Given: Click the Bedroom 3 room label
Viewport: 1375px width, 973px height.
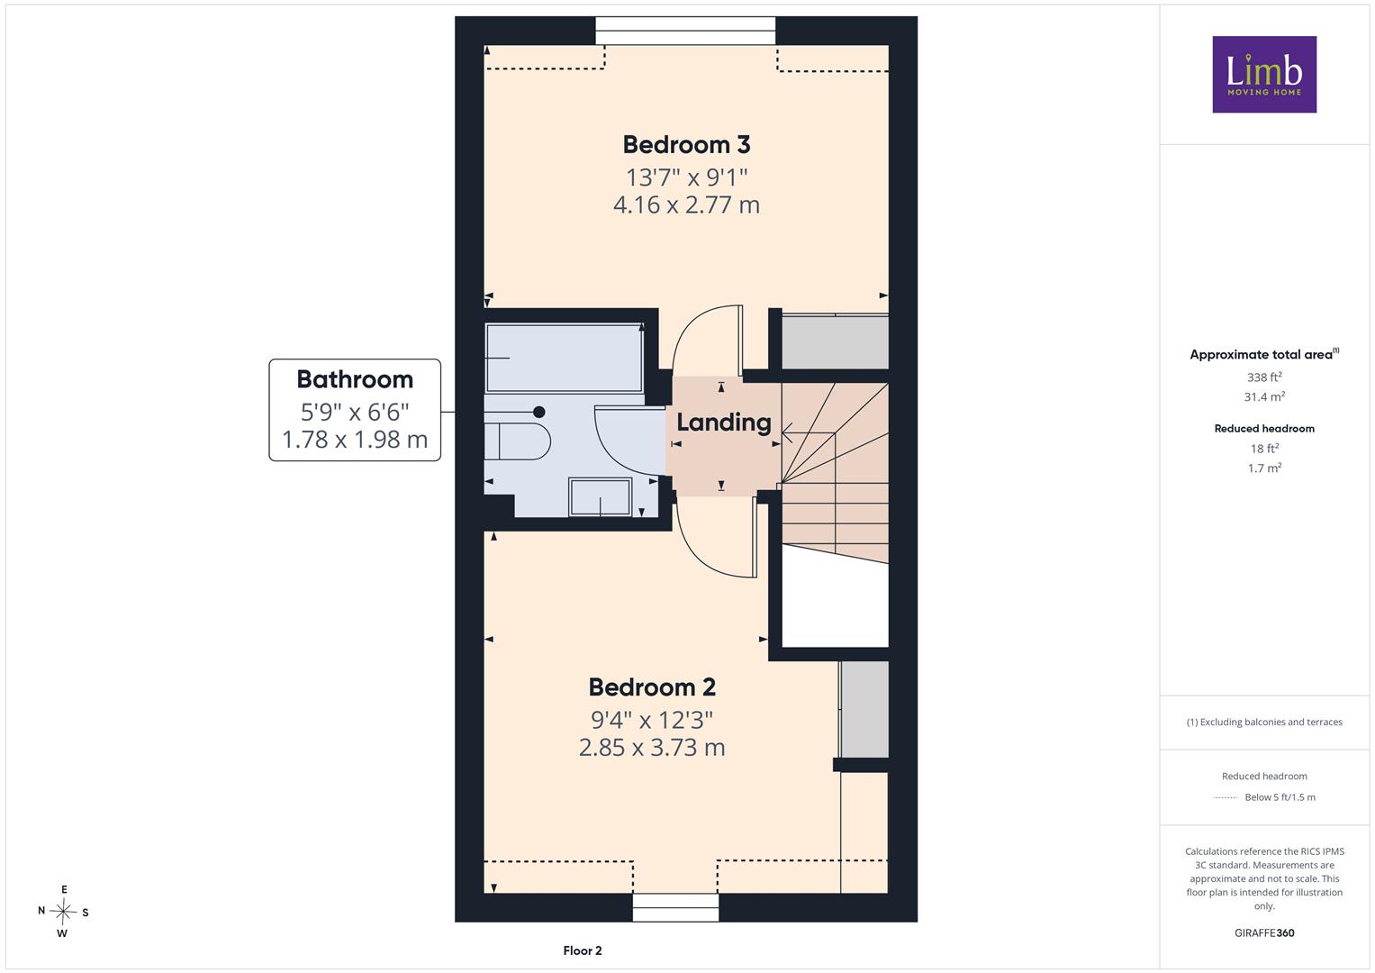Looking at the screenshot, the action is [x=686, y=145].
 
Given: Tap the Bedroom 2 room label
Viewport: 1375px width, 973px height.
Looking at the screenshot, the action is [x=652, y=687].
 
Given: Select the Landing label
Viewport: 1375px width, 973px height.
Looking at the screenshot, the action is [x=724, y=423].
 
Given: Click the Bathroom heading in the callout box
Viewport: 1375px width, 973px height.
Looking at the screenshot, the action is [x=355, y=379].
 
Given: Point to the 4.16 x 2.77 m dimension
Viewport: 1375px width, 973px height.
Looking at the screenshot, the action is [x=686, y=205].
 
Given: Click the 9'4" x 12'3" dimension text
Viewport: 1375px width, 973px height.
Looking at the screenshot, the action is [x=652, y=720].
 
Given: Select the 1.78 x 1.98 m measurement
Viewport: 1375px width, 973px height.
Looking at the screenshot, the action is [x=355, y=440].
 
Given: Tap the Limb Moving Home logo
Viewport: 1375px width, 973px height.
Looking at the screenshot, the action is [x=1264, y=74].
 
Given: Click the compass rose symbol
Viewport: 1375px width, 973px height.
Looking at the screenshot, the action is [x=63, y=912].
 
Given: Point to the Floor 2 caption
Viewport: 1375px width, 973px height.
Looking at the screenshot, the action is [x=583, y=950].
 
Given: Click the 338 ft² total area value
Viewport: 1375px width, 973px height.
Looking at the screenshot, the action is [x=1264, y=377].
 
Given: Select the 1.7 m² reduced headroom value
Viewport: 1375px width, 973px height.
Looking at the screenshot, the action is [x=1264, y=468].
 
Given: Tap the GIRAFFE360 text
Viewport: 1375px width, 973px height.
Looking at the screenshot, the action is [x=1264, y=933].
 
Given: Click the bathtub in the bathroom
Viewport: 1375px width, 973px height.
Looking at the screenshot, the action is [x=564, y=359].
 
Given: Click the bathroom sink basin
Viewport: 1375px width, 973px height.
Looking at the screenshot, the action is [x=601, y=497].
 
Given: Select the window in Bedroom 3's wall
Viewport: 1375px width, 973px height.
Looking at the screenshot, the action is [x=685, y=31].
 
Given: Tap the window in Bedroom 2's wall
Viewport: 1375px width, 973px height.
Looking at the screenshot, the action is [x=675, y=907].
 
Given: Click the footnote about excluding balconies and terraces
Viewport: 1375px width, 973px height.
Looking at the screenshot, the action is [x=1264, y=723].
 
